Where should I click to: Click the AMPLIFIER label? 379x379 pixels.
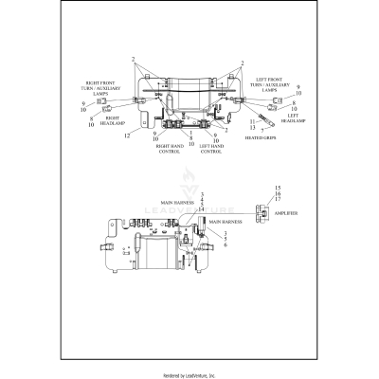pos(286,215)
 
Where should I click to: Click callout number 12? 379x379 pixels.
pos(125,135)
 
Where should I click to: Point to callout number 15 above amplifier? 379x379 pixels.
pos(278,189)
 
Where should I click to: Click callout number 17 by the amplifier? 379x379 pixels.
pos(278,200)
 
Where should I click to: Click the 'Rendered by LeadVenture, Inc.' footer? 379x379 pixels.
pos(189,374)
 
